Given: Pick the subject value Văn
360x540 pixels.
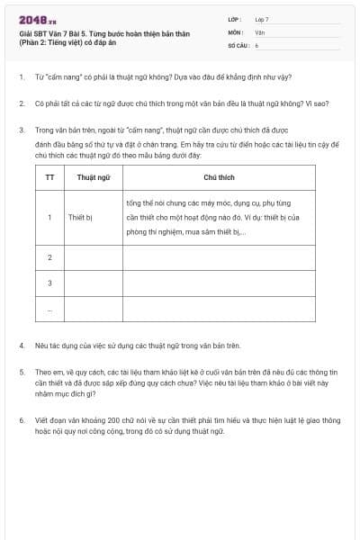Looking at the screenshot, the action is point(259,31).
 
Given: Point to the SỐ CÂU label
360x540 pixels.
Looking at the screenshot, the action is point(238,44).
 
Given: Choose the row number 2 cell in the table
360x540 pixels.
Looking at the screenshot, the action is point(49,257).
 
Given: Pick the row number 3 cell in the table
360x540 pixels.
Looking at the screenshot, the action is point(49,283).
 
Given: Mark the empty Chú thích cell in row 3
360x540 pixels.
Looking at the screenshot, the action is point(219,283).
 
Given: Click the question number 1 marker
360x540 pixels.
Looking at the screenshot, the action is point(21,77).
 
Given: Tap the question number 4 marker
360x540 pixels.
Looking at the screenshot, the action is point(21,345).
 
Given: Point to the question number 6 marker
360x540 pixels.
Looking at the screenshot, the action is point(21,419).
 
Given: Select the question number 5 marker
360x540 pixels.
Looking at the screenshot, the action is point(21,371).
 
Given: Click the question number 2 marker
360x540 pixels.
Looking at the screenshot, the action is point(21,103).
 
